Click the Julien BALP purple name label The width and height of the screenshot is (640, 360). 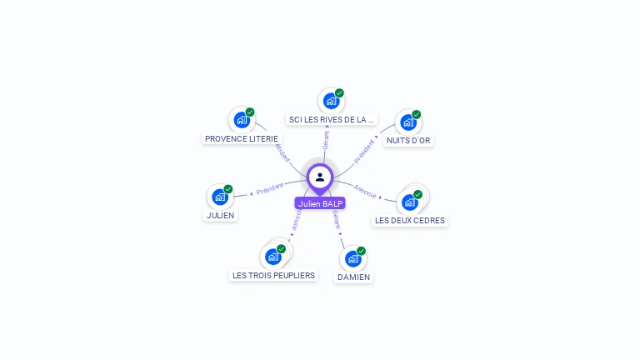(x=320, y=203)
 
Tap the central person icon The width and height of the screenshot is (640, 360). (x=320, y=177)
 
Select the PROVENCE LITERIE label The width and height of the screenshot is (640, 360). (x=242, y=138)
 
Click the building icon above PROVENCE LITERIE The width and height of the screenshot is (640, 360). (x=242, y=119)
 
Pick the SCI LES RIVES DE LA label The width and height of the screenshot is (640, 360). (x=332, y=119)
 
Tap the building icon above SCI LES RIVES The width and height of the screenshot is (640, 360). (x=332, y=101)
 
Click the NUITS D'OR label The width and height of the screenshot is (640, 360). (x=408, y=141)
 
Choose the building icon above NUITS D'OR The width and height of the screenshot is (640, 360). (x=408, y=122)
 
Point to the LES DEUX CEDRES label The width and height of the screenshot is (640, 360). (x=410, y=221)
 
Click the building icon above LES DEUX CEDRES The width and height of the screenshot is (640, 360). (x=410, y=202)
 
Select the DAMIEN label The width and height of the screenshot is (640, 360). (x=353, y=277)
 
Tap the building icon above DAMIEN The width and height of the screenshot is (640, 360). (x=353, y=258)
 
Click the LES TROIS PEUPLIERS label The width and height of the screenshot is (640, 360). (x=273, y=275)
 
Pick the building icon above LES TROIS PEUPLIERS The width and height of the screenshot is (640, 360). (x=272, y=257)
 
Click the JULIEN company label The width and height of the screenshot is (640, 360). (x=220, y=215)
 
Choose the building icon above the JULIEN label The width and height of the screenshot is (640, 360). (x=220, y=197)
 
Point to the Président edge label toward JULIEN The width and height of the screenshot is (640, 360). (x=270, y=189)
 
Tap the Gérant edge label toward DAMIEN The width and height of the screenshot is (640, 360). (x=336, y=219)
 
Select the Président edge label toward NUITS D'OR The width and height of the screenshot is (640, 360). (x=364, y=151)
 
